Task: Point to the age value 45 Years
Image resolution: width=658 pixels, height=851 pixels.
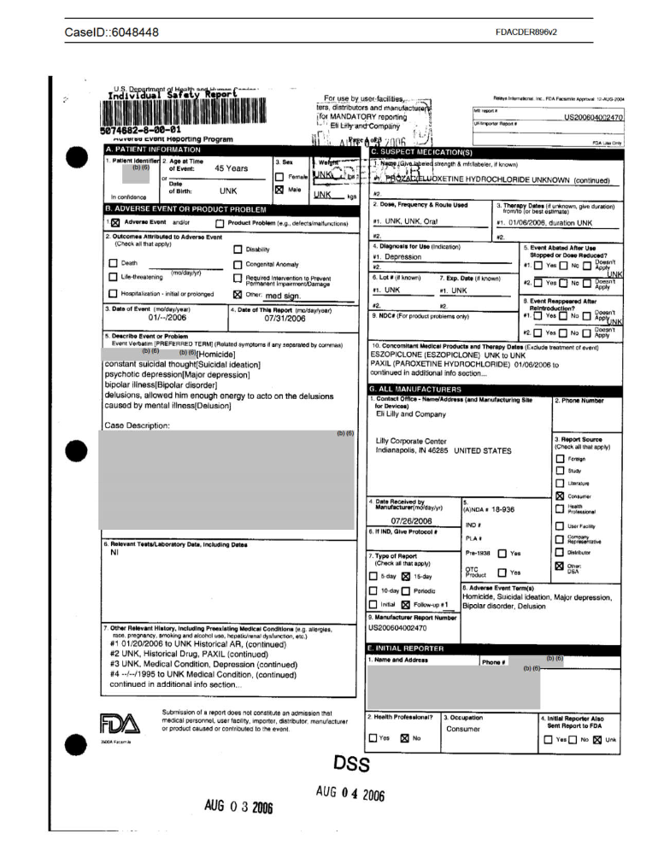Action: click(231, 168)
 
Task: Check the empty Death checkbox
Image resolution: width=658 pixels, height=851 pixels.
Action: click(114, 263)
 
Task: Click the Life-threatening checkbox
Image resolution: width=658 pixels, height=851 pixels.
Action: click(114, 277)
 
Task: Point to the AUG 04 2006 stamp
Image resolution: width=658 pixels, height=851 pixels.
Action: click(350, 794)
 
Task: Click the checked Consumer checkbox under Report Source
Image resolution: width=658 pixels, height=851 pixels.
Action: click(560, 495)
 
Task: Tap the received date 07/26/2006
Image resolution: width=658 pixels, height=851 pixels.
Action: click(412, 519)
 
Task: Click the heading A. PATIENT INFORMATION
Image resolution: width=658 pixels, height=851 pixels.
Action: click(153, 150)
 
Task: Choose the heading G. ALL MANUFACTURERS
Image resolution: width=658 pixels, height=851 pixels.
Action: click(420, 389)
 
